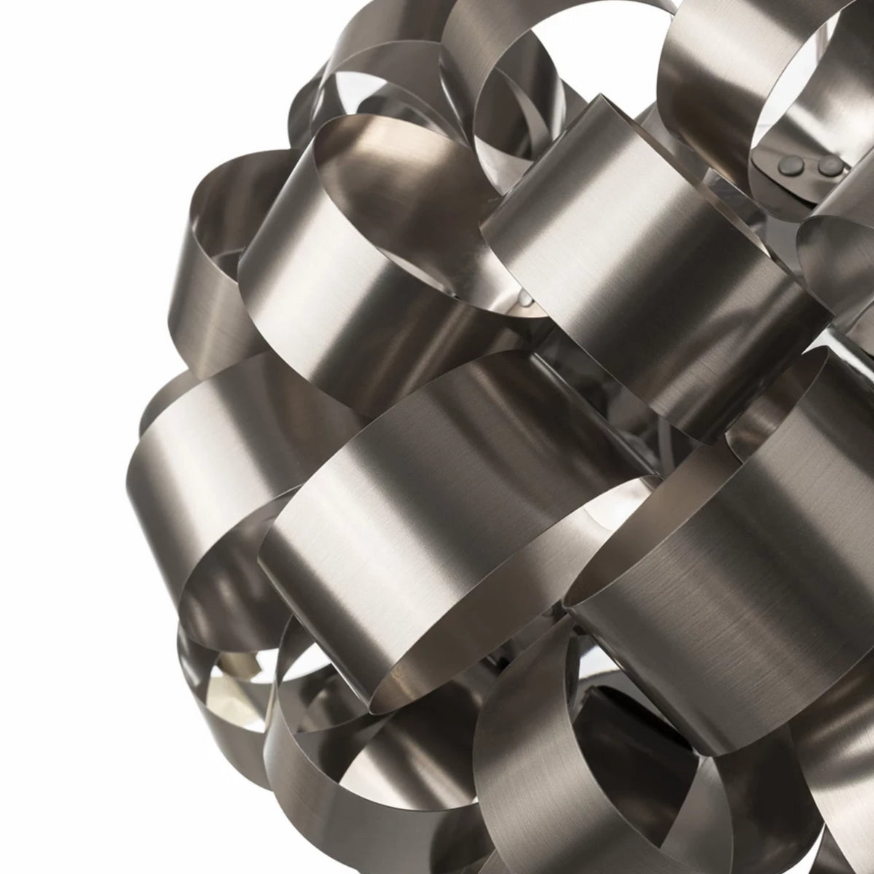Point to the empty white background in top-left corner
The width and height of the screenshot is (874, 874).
point(73,73)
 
